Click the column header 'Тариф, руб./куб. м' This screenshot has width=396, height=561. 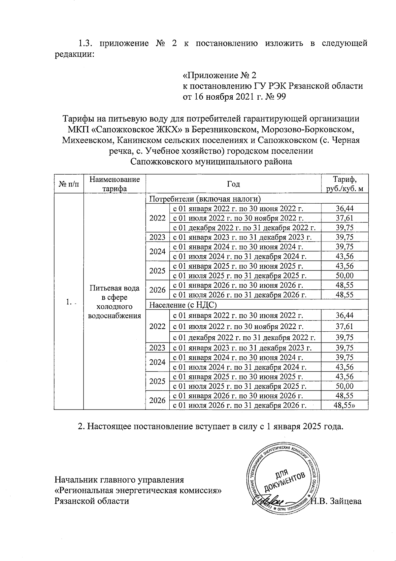pyautogui.click(x=345, y=184)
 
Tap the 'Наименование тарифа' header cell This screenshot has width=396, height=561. pyautogui.click(x=115, y=184)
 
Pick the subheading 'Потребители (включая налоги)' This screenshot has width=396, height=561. pyautogui.click(x=205, y=199)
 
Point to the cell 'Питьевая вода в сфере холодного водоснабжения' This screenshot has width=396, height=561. pyautogui.click(x=115, y=302)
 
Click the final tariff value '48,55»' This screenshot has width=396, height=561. pyautogui.click(x=345, y=405)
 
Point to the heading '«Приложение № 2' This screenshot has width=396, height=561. pyautogui.click(x=219, y=75)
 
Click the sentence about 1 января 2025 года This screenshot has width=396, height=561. pyautogui.click(x=211, y=426)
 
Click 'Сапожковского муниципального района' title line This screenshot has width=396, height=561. pyautogui.click(x=211, y=162)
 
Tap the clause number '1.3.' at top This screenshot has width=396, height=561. pyautogui.click(x=86, y=43)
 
